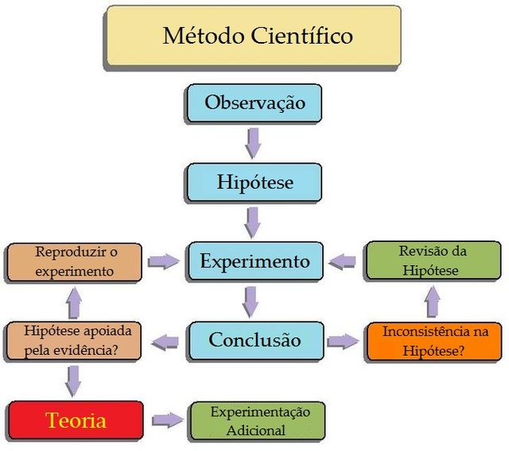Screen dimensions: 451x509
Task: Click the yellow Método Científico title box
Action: point(254,37)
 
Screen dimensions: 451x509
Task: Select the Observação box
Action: point(254,103)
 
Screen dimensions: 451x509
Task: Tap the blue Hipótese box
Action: point(254,182)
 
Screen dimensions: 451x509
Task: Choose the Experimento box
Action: point(254,261)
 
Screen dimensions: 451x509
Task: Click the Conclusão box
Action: point(254,340)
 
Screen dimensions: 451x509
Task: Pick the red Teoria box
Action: point(76,420)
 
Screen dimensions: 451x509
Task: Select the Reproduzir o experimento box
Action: point(75,262)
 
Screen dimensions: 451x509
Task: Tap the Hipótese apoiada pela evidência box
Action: point(75,340)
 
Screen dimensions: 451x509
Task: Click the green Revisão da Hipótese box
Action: point(433,261)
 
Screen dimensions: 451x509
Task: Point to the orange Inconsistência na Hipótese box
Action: point(433,341)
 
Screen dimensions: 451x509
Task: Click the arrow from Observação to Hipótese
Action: point(253,143)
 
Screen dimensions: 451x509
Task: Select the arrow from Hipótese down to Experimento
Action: point(253,222)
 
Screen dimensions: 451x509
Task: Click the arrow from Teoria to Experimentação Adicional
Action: point(167,420)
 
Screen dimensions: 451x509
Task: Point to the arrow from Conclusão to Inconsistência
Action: point(343,341)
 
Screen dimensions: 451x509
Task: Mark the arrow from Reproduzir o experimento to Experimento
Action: point(164,261)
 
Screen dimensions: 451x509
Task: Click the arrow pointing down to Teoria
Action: point(74,380)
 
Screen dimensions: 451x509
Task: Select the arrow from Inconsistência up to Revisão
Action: point(432,302)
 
